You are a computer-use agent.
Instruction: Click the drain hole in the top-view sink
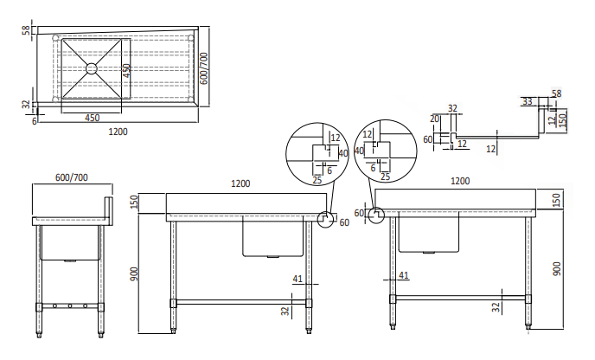pos(91,68)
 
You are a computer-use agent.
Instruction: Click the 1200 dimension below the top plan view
pos(118,132)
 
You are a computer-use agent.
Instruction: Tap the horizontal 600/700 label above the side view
pos(72,177)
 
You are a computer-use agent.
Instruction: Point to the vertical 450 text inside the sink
pos(126,70)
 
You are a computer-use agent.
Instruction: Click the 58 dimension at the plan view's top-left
pos(26,31)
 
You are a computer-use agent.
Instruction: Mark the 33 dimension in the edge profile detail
pos(528,101)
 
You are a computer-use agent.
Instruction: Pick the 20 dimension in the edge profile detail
pos(434,119)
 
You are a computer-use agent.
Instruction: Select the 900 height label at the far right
pos(558,268)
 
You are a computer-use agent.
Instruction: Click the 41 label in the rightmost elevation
pos(404,275)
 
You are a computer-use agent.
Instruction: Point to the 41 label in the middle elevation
pos(297,279)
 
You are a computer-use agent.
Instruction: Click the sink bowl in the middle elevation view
pos(272,236)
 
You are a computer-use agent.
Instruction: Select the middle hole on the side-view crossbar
pos(68,306)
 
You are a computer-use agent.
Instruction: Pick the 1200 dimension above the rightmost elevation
pos(461,182)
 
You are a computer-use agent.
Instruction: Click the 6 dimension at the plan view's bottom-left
pos(35,121)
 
